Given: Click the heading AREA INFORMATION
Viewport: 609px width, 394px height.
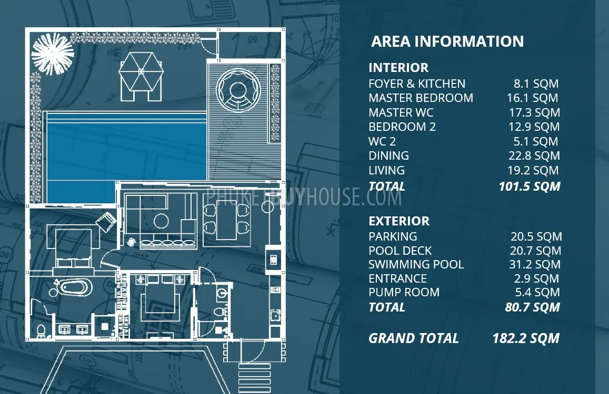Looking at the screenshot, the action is click(447, 42).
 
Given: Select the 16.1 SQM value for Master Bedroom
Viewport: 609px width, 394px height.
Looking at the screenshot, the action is click(533, 98).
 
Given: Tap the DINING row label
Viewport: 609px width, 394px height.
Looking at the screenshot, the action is click(389, 155).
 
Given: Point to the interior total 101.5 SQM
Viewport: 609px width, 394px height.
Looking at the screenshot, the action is click(530, 186).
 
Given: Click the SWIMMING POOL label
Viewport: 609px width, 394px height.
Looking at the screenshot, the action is click(416, 264).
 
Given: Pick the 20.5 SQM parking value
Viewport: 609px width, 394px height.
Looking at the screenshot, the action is click(536, 236).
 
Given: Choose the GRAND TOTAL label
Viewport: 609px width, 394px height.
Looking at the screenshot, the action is click(414, 338).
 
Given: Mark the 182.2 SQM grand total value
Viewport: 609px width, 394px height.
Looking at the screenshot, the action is click(526, 338).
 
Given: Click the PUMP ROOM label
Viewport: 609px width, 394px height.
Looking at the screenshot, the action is click(404, 292).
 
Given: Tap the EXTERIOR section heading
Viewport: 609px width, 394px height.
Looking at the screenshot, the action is click(399, 221).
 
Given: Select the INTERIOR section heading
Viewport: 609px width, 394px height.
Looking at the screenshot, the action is click(398, 67).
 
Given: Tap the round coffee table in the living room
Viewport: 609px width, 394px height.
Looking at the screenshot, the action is click(161, 221).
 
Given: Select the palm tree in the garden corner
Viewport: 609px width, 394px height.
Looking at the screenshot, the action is click(53, 54).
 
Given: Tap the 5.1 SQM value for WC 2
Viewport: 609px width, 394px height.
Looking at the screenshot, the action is click(536, 141).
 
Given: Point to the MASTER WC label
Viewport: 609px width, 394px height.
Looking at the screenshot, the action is click(401, 112).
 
